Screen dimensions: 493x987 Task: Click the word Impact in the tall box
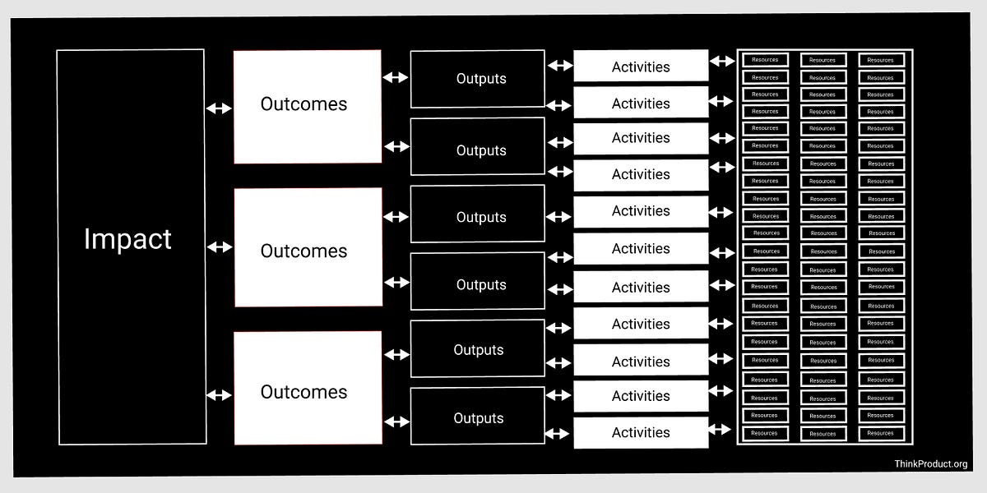click(x=127, y=239)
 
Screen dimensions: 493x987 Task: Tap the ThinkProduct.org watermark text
click(x=931, y=464)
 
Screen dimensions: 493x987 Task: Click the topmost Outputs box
click(x=478, y=79)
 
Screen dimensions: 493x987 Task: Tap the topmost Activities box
click(x=641, y=66)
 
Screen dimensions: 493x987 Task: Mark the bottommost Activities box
click(x=641, y=432)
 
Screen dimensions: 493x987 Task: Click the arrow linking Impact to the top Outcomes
click(x=219, y=108)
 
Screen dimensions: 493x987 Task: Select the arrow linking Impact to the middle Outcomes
click(x=219, y=247)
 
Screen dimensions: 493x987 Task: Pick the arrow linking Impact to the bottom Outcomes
click(x=219, y=395)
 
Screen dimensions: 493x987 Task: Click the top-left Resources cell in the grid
click(x=765, y=60)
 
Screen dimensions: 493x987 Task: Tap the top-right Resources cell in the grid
click(x=880, y=60)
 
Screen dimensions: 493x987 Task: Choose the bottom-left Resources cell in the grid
click(x=765, y=433)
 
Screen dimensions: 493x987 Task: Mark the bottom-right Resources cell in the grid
click(x=880, y=433)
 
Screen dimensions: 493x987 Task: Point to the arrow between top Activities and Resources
click(x=722, y=61)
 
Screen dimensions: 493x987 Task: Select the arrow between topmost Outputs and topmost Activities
click(x=560, y=65)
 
